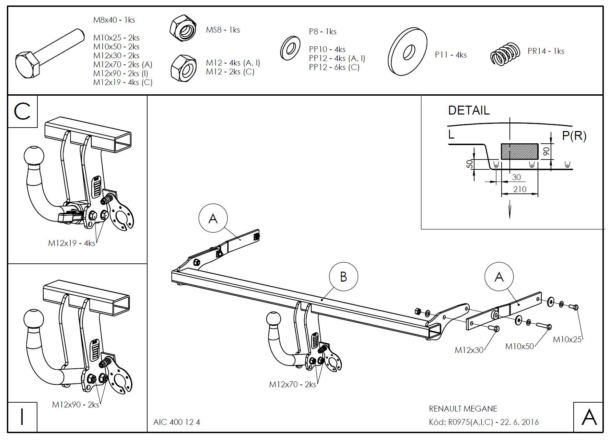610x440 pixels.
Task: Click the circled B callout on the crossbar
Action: pos(343,277)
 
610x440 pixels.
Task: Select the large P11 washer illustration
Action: pos(408,52)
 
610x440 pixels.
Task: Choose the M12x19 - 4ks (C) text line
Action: pos(122,82)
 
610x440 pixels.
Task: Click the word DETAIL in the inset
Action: pos(469,110)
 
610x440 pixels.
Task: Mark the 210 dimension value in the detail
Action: pos(519,189)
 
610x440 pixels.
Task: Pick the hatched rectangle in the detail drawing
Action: pos(519,151)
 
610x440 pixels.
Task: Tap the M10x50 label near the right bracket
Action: pos(519,346)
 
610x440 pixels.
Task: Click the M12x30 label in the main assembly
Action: pos(469,350)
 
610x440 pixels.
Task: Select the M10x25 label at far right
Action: pos(567,340)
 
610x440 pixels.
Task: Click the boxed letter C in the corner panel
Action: pos(22,112)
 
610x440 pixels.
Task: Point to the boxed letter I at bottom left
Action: pos(22,417)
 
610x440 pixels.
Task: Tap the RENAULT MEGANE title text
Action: pos(463,409)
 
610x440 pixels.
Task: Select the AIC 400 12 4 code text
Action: pos(176,422)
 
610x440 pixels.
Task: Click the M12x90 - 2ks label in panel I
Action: pos(75,405)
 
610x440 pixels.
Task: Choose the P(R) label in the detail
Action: pos(574,136)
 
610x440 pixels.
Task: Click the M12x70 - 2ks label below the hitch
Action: pos(292,384)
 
